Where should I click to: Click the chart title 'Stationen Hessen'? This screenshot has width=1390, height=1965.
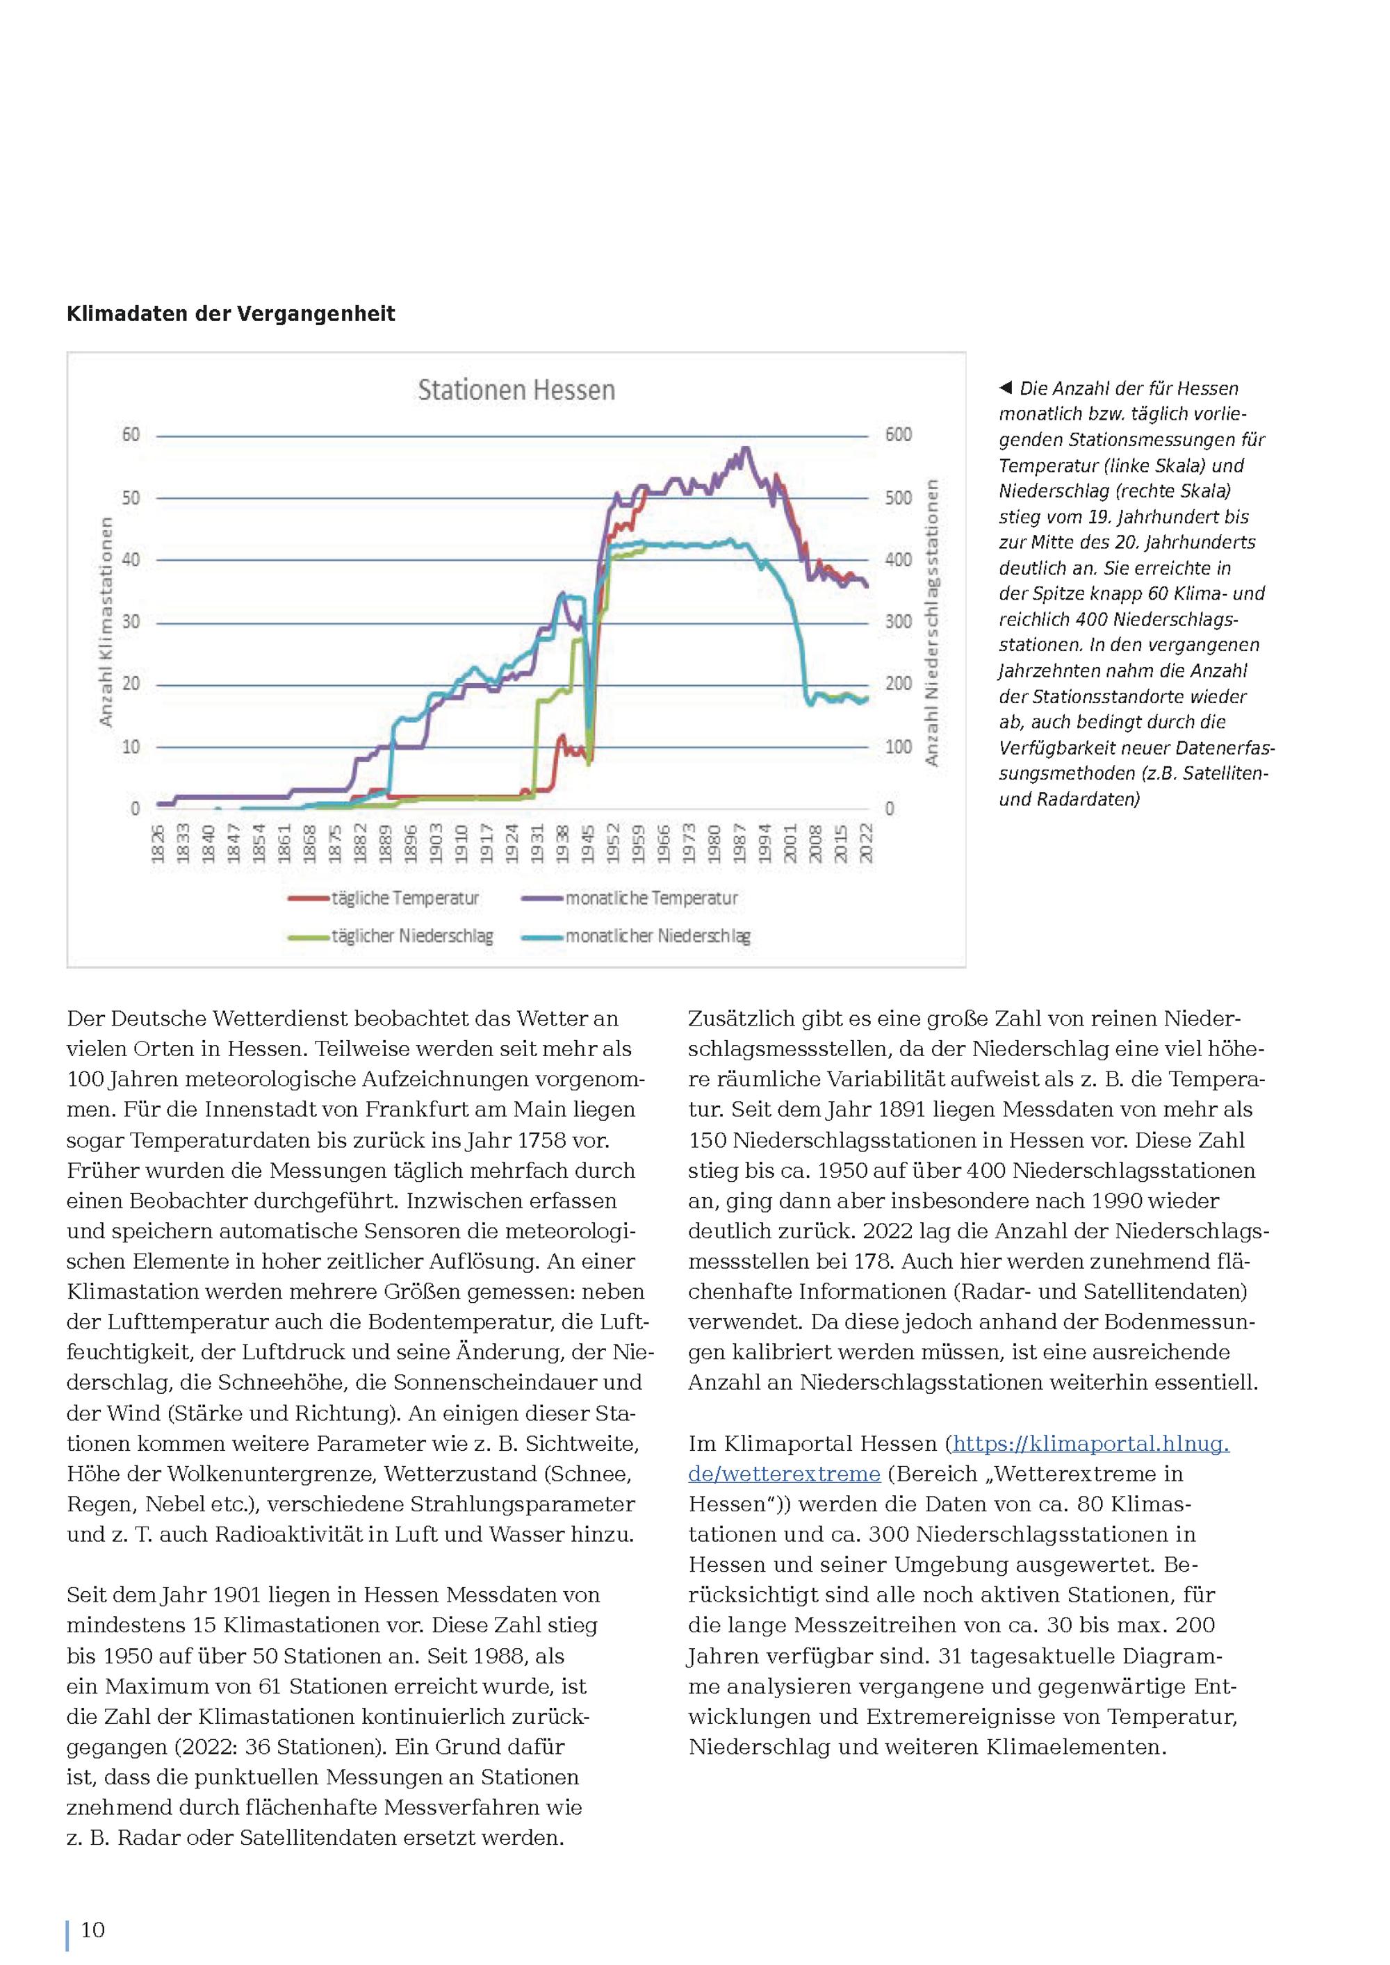pos(516,390)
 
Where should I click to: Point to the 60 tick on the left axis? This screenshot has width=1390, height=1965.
pos(130,435)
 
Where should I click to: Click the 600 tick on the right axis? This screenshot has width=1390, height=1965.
pos(898,435)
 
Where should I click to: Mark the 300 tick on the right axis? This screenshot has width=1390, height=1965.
pos(898,621)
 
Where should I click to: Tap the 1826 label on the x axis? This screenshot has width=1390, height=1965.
pos(158,844)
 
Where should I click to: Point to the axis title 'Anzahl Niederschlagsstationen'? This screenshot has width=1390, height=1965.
pos(932,622)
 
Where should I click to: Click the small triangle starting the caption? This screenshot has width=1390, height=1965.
pos(1006,388)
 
